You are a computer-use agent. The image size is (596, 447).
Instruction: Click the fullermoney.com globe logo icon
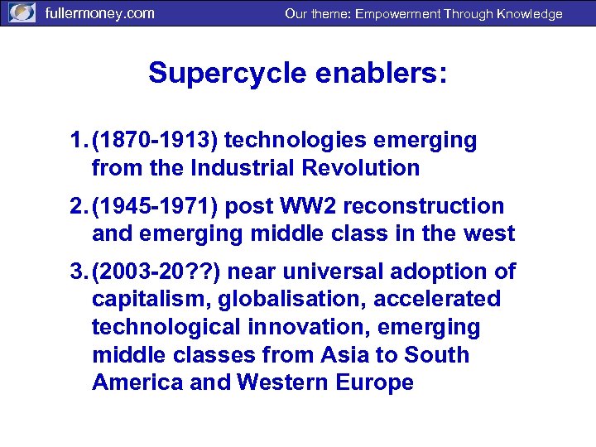[x=22, y=13]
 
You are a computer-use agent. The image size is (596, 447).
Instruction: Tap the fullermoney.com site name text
[x=99, y=13]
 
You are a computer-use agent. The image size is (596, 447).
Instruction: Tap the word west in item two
[x=489, y=233]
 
